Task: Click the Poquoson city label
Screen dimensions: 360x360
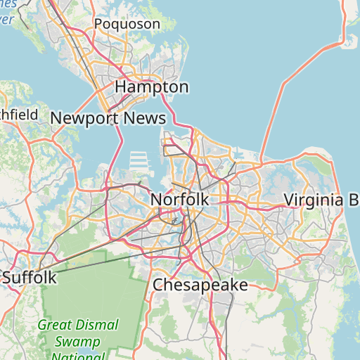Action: tap(127, 24)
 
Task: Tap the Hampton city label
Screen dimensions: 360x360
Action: tap(151, 87)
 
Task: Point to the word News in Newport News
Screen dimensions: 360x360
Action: tap(143, 118)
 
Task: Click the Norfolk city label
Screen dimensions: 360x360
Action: tap(179, 200)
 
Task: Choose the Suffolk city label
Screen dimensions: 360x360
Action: tap(29, 278)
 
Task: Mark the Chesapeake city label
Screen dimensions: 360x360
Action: tap(200, 285)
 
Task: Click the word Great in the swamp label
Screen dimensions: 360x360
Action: tap(54, 326)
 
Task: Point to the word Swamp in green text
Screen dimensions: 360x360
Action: tap(78, 342)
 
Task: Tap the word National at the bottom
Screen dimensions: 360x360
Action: tap(78, 356)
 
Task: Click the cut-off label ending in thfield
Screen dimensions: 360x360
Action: tap(19, 113)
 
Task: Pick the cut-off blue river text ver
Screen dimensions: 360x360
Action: tap(7, 19)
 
